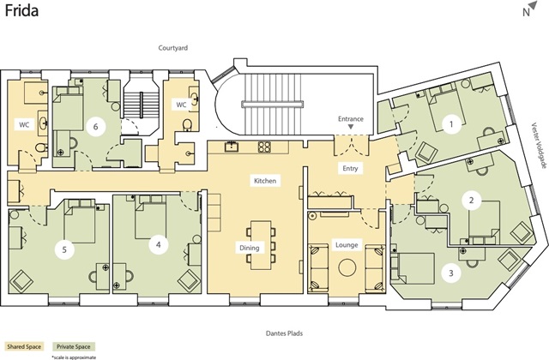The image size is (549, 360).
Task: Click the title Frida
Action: (21, 10)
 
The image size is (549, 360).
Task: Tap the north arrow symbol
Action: (533, 5)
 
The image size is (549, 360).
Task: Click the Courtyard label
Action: (173, 48)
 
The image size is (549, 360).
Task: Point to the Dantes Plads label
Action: (284, 333)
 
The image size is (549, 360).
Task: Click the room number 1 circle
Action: (451, 123)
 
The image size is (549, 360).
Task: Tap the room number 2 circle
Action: (471, 201)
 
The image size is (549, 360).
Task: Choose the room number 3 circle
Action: (451, 273)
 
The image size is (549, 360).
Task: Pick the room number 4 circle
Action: (158, 244)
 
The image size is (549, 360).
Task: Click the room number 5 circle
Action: (64, 249)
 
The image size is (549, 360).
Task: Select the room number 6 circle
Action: (95, 127)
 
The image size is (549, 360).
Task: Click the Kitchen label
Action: (265, 181)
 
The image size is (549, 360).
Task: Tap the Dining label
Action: (250, 248)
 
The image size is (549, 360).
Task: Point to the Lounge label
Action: (347, 245)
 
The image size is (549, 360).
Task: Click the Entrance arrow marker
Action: (351, 128)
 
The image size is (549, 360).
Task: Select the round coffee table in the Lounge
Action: (347, 267)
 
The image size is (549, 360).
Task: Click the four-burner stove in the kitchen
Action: (264, 147)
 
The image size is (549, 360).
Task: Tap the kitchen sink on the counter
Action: (231, 147)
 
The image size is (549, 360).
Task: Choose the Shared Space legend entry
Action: (24, 346)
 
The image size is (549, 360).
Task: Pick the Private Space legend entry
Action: (74, 346)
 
